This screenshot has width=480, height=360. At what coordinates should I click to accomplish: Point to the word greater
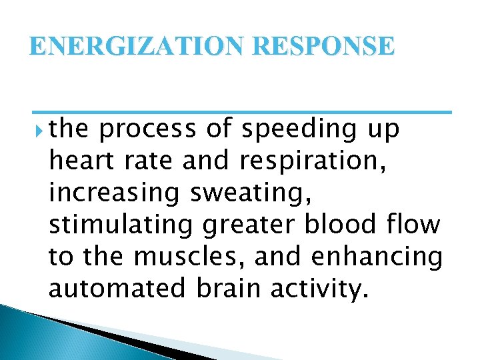pyautogui.click(x=246, y=225)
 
